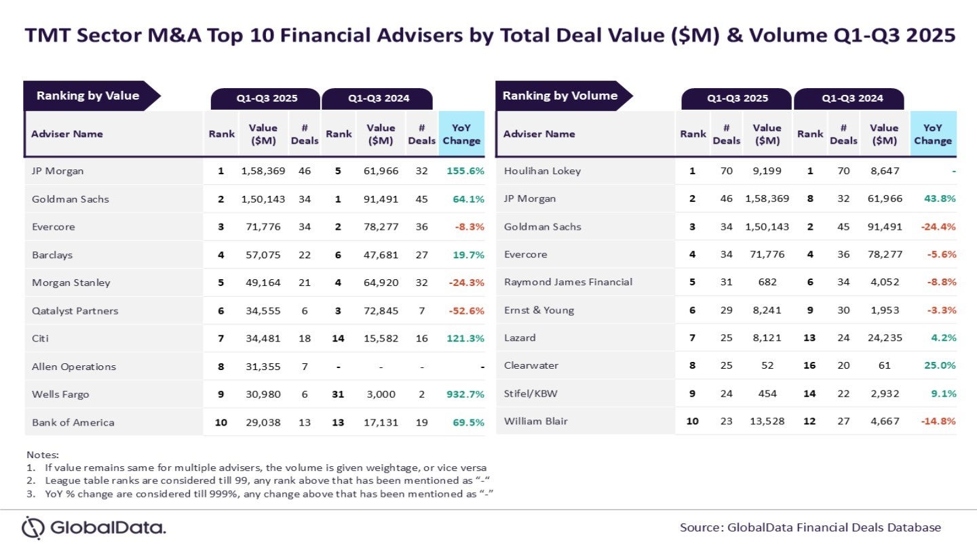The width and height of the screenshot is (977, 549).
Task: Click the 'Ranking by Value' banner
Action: pyautogui.click(x=88, y=96)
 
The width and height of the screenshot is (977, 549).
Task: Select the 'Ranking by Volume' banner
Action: pyautogui.click(x=560, y=96)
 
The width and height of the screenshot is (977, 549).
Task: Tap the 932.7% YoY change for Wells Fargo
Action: pyautogui.click(x=465, y=394)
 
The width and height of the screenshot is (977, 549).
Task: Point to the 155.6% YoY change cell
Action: pyautogui.click(x=465, y=171)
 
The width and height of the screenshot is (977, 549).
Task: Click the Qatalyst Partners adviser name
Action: pyautogui.click(x=75, y=311)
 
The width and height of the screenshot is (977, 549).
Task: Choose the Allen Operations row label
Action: pyautogui.click(x=74, y=367)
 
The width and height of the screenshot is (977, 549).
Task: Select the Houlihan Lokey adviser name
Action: pyautogui.click(x=542, y=171)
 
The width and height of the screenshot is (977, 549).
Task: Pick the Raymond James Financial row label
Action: pyautogui.click(x=568, y=282)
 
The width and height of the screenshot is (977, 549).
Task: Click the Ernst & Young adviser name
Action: pyautogui.click(x=539, y=310)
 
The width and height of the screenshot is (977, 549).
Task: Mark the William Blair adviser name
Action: pyautogui.click(x=536, y=421)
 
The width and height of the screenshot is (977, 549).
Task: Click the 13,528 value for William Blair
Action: pyautogui.click(x=767, y=421)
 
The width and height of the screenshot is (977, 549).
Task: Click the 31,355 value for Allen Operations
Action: pyautogui.click(x=263, y=367)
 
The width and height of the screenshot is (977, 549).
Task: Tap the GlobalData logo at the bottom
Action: pyautogui.click(x=93, y=527)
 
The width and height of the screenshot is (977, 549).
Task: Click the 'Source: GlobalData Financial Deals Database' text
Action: pyautogui.click(x=810, y=527)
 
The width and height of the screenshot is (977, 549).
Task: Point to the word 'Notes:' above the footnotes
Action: pyautogui.click(x=43, y=455)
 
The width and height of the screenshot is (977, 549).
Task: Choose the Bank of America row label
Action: pyautogui.click(x=73, y=422)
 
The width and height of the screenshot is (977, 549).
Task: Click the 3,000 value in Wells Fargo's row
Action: pyautogui.click(x=381, y=394)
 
